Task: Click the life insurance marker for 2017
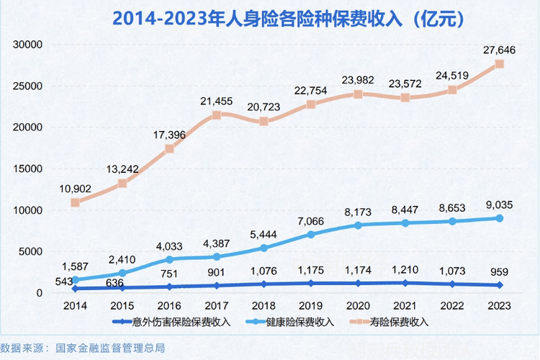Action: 217,115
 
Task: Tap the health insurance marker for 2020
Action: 359,225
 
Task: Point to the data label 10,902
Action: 76,188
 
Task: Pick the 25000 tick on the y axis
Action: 29,86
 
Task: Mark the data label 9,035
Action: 500,203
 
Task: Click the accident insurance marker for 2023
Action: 500,285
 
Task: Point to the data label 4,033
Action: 170,246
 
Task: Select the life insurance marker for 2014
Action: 76,202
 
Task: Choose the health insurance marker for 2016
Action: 170,259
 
